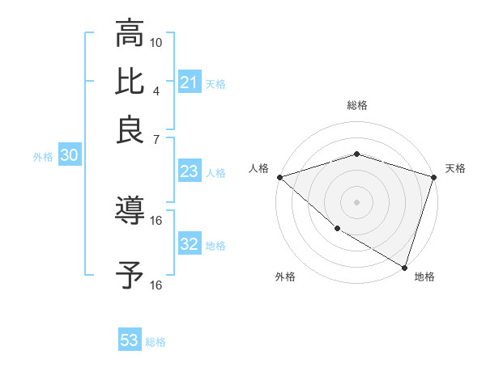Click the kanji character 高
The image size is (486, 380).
point(130,34)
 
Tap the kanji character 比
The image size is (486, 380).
point(130,81)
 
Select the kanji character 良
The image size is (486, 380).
point(130,129)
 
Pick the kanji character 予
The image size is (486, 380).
point(130,275)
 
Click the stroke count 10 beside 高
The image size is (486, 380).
point(156,42)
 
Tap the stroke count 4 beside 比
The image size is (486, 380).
point(156,90)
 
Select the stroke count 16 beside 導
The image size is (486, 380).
point(156,220)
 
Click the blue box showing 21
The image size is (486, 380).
point(189,82)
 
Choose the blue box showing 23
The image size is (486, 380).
point(189,171)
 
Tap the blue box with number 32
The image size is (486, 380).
point(189,244)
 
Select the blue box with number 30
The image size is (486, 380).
point(69,157)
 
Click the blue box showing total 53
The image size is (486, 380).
point(130,340)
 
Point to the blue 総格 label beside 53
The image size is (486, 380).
point(156,342)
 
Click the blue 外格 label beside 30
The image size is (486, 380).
point(43,158)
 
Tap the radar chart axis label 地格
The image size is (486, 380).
point(424,277)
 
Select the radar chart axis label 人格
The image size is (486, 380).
point(259,168)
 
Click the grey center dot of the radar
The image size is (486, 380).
point(356,201)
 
